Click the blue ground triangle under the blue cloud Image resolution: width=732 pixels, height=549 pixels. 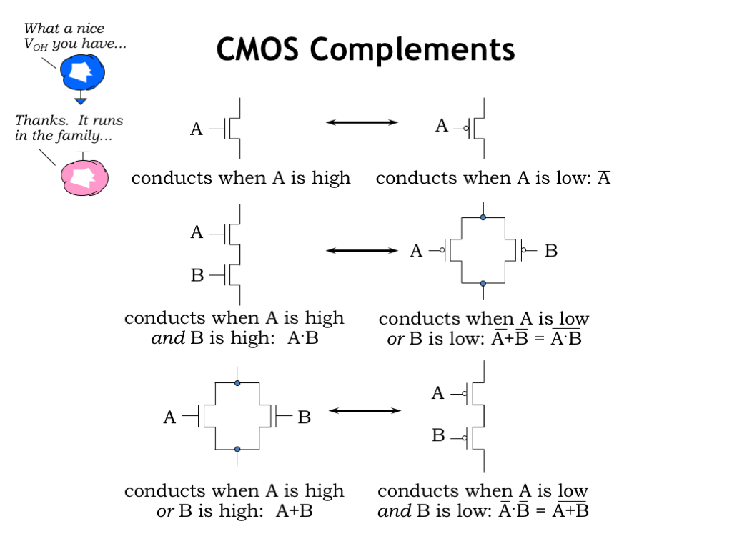(81, 101)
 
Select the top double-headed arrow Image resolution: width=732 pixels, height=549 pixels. (362, 122)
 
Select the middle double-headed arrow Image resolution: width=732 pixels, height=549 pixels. (362, 250)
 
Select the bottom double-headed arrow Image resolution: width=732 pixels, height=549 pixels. (365, 410)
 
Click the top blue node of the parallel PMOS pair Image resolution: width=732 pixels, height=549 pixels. (483, 217)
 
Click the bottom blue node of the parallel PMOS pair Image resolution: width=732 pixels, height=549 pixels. (483, 284)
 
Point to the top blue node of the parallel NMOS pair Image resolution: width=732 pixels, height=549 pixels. (237, 383)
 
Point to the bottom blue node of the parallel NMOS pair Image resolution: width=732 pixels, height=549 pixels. (237, 450)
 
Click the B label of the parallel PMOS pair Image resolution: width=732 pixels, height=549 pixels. (551, 251)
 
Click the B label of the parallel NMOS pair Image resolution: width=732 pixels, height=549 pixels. (305, 417)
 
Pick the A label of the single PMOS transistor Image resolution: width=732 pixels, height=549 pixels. (442, 127)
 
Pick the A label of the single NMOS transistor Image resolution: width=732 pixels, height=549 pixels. (197, 129)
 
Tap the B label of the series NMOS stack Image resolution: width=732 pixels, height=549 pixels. (197, 275)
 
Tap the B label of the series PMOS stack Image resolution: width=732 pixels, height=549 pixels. (438, 435)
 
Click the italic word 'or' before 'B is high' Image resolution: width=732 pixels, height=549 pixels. (165, 512)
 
